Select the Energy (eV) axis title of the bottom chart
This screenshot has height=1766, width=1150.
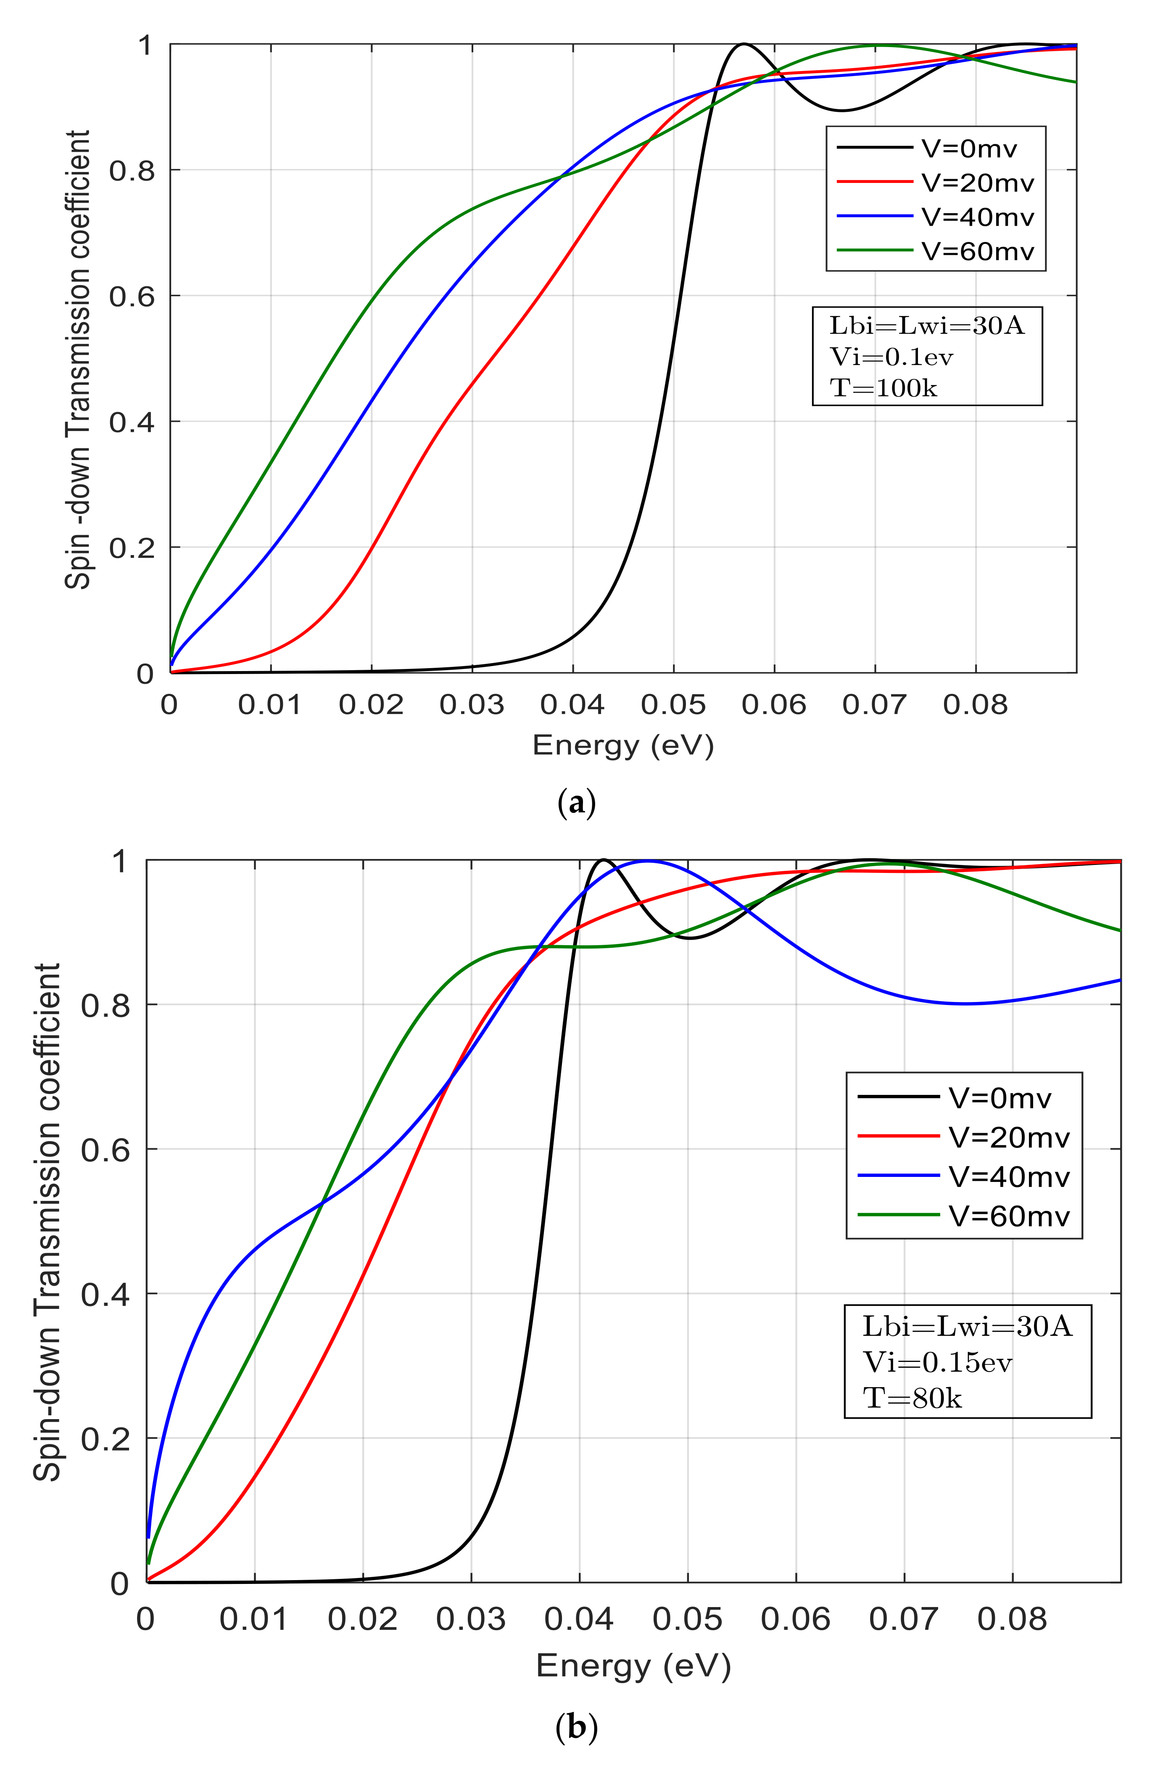[x=633, y=1666]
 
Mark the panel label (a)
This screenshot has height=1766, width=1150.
[x=576, y=804]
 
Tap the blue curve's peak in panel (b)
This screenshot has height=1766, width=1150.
[x=647, y=861]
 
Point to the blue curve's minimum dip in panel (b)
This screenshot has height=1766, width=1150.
[x=965, y=1004]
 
